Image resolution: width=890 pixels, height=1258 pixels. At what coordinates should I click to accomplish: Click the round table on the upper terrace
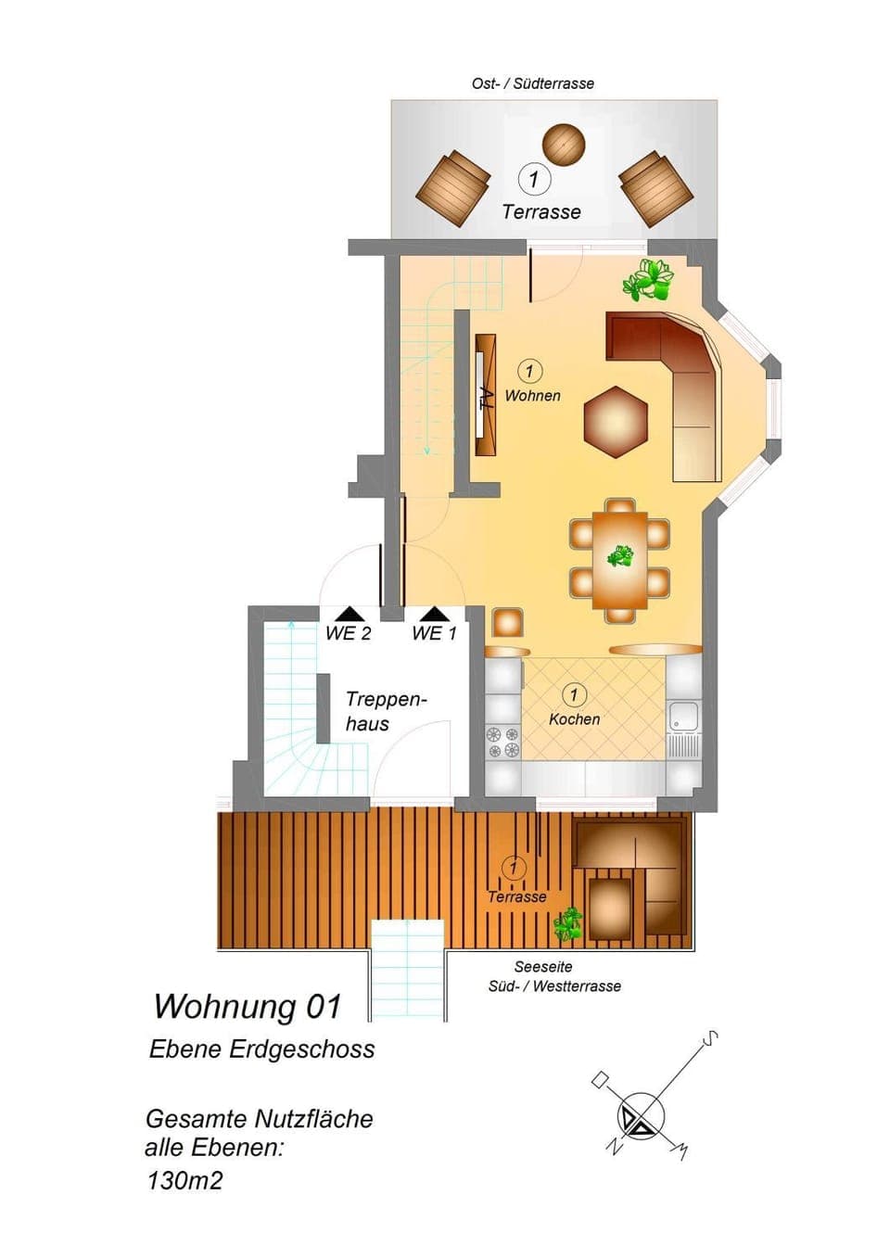click(564, 144)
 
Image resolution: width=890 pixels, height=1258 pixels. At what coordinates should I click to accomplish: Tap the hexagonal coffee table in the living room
click(616, 421)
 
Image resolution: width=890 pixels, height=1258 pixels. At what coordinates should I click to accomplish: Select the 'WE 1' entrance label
click(434, 633)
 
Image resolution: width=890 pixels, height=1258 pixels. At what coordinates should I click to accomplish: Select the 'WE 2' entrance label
click(349, 633)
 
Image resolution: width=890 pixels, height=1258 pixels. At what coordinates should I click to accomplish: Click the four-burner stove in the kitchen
click(503, 742)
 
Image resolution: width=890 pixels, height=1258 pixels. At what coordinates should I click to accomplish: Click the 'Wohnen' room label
click(532, 395)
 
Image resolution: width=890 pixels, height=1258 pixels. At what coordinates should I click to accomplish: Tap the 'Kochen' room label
click(574, 718)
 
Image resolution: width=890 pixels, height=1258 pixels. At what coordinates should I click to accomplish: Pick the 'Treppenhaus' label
click(387, 711)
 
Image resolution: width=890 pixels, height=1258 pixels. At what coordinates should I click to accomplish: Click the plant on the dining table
click(620, 556)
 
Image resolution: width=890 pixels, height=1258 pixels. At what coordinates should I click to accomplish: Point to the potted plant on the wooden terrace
click(568, 924)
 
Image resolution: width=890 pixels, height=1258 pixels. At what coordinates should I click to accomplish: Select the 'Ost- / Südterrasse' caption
click(532, 83)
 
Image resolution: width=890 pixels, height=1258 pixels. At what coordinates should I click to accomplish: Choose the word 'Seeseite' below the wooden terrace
click(543, 967)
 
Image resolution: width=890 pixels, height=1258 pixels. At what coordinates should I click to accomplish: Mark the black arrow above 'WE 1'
click(434, 613)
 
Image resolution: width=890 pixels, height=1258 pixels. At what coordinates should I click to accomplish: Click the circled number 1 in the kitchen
click(573, 694)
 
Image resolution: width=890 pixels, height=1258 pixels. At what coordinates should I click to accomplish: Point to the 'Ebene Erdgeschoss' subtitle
click(261, 1049)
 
